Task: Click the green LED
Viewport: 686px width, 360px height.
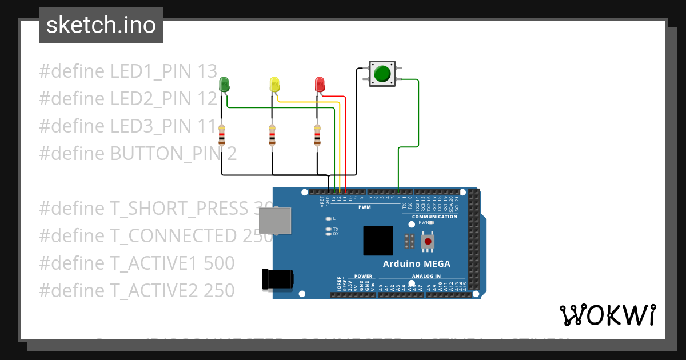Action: pos(224,84)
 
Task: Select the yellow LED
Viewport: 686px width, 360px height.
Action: pos(274,84)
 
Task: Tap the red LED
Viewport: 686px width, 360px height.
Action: pos(320,84)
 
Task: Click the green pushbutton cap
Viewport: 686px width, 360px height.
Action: pos(381,74)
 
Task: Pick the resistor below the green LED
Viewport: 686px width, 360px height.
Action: pos(221,136)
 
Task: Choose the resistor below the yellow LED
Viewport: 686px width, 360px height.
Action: pos(272,136)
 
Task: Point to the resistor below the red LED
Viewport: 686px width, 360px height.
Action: pos(317,136)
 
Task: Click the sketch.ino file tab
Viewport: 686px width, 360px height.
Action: pos(101,25)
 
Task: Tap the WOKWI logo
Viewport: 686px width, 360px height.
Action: pos(607,315)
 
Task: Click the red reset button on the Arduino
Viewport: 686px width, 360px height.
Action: pos(428,242)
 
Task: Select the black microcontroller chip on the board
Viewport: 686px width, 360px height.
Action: pos(378,241)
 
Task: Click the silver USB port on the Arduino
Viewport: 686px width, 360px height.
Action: pos(274,221)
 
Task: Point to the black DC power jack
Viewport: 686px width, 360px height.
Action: pos(277,278)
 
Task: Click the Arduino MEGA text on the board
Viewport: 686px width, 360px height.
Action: pos(416,264)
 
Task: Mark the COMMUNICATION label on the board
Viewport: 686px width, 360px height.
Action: pos(434,217)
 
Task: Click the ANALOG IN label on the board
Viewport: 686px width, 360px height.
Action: pos(426,276)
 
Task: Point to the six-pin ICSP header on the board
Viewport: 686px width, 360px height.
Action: pos(409,242)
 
